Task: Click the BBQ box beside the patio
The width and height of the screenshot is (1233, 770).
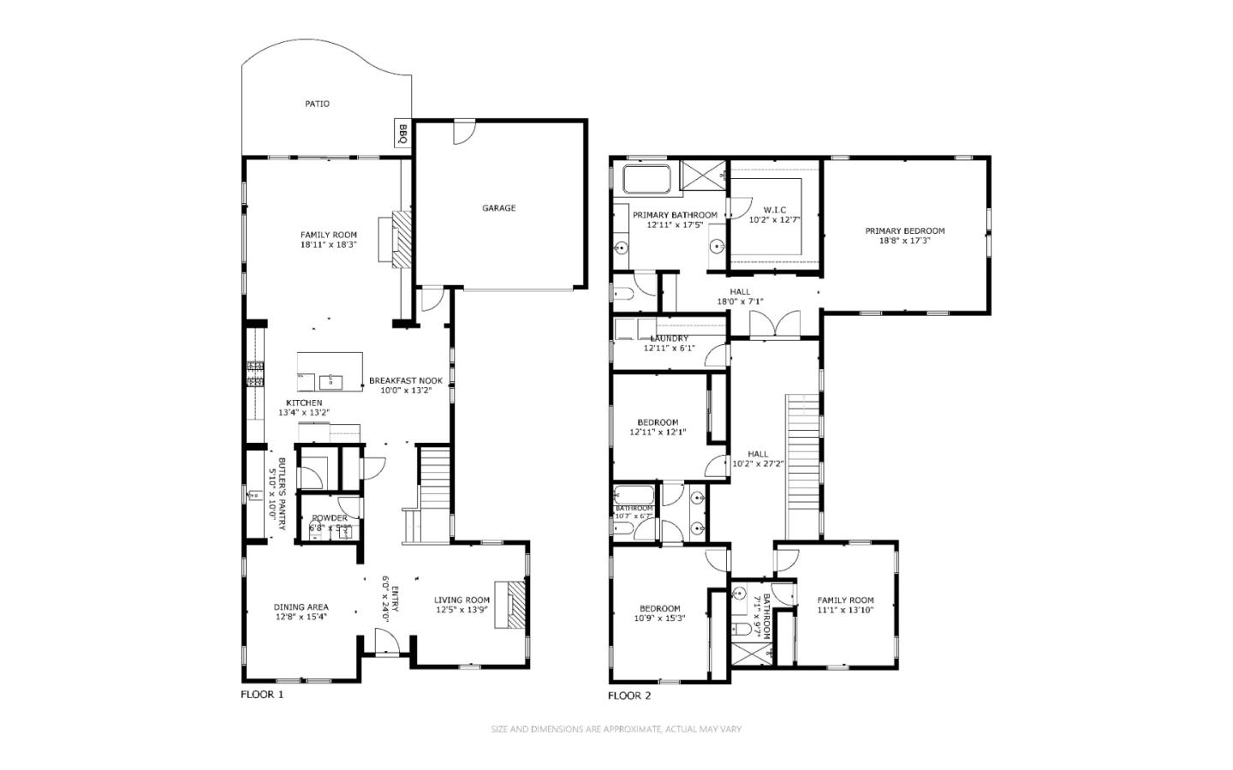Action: pos(403,133)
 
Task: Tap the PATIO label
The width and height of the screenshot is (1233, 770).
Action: pos(317,104)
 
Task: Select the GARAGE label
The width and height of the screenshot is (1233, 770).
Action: pos(498,208)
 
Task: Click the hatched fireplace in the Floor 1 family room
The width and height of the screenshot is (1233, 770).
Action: pos(402,241)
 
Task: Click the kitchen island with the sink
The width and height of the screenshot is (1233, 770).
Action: pos(330,372)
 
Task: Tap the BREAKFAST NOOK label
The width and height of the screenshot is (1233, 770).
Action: pos(406,381)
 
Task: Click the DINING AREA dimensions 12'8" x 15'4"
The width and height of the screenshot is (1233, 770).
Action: pos(301,617)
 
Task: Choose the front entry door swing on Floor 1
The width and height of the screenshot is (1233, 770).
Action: pos(385,641)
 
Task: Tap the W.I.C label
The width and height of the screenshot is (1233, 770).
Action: pos(774,210)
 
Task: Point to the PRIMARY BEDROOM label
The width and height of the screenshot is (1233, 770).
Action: pos(904,230)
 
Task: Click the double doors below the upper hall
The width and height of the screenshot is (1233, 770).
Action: pos(774,325)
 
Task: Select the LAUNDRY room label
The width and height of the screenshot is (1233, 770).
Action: pos(670,338)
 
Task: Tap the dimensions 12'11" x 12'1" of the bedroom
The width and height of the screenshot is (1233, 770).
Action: pos(658,433)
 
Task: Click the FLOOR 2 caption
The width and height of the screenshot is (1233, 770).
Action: pos(629,695)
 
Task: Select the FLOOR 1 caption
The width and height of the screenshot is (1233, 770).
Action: pos(261,695)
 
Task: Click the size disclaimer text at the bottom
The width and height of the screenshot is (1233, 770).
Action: pos(616,730)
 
